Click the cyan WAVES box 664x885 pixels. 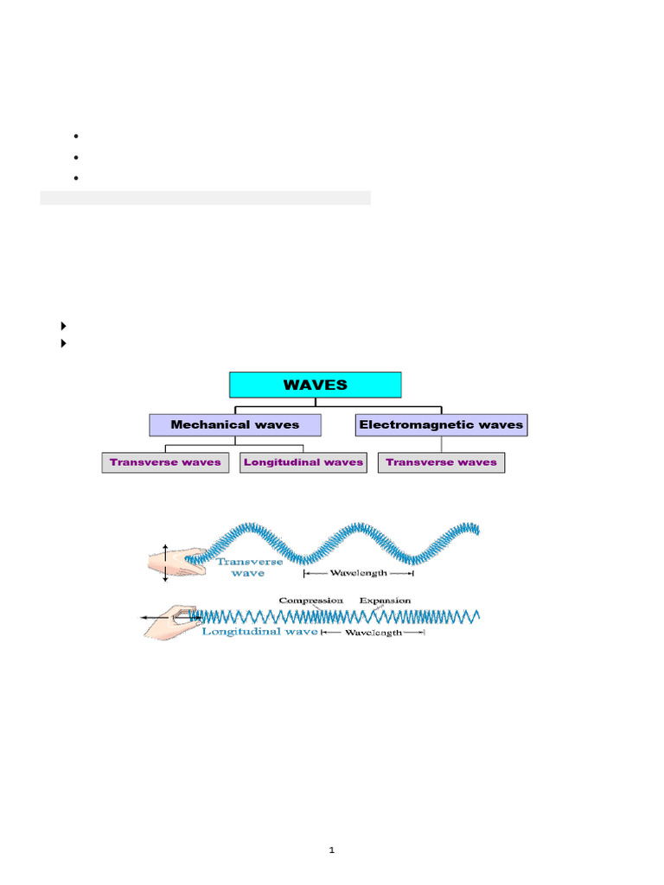315,385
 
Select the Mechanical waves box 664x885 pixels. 235,424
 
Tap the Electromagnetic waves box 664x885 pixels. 441,424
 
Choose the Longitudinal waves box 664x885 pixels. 303,462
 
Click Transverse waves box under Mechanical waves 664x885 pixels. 165,462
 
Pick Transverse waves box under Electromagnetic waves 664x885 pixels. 441,462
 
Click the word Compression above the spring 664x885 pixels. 311,600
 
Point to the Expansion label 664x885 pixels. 385,600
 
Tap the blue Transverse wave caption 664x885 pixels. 237,567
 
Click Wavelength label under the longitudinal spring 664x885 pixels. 373,633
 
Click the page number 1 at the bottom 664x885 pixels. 331,850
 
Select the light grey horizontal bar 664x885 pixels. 205,198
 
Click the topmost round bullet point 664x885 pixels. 76,137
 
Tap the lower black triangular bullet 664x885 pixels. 64,343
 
